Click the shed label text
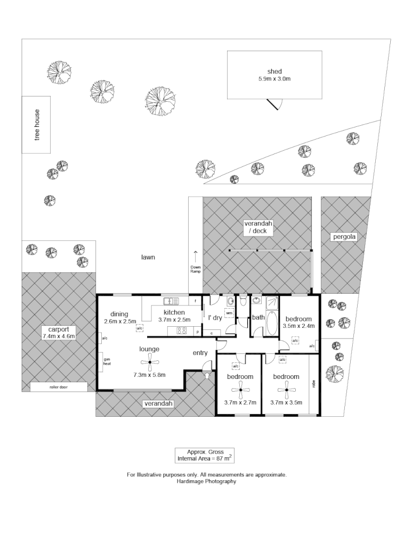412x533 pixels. point(274,71)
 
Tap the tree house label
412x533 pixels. point(37,125)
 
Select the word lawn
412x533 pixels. point(148,257)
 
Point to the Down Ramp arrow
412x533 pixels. point(196,255)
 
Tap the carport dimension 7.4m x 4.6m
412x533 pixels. point(58,336)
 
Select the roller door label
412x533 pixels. point(58,387)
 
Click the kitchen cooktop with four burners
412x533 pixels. point(181,330)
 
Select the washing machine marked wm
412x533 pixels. point(229,313)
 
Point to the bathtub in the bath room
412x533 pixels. point(272,322)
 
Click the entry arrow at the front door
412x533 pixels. point(207,376)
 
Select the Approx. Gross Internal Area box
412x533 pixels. point(205,455)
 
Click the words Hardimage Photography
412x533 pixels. point(206,481)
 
